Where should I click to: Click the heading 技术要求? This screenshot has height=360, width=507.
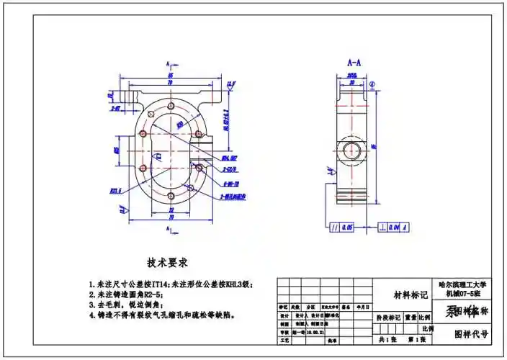point(167,262)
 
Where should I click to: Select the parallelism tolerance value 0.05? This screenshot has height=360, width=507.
point(347,228)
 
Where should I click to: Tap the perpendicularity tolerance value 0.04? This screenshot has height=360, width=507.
point(394,228)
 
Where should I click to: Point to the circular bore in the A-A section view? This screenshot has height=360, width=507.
point(353,150)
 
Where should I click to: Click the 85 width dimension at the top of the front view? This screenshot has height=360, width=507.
point(171,75)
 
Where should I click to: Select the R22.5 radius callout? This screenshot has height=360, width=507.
point(115,190)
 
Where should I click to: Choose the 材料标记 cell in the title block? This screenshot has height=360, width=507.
point(410,294)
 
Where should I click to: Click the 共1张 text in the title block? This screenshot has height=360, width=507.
point(387,339)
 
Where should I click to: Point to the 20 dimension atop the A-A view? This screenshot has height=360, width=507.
point(353,81)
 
